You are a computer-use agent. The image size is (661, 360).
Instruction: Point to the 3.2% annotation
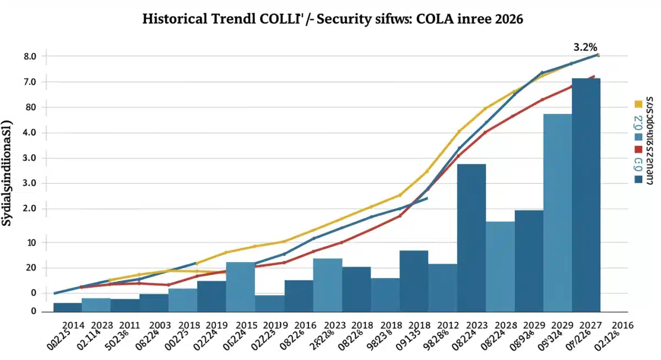click(x=586, y=47)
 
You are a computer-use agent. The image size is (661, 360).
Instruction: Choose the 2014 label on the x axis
click(x=74, y=324)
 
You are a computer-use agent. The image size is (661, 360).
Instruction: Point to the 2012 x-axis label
click(x=447, y=324)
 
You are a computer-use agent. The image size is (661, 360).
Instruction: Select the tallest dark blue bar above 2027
click(x=586, y=193)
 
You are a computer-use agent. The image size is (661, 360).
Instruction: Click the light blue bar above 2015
click(x=240, y=286)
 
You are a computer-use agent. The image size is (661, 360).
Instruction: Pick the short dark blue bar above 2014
click(x=68, y=307)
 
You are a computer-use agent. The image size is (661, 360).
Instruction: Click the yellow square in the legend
click(x=639, y=103)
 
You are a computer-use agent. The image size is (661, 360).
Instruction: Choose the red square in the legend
click(x=639, y=149)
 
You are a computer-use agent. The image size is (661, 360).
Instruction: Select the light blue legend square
click(x=639, y=136)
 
